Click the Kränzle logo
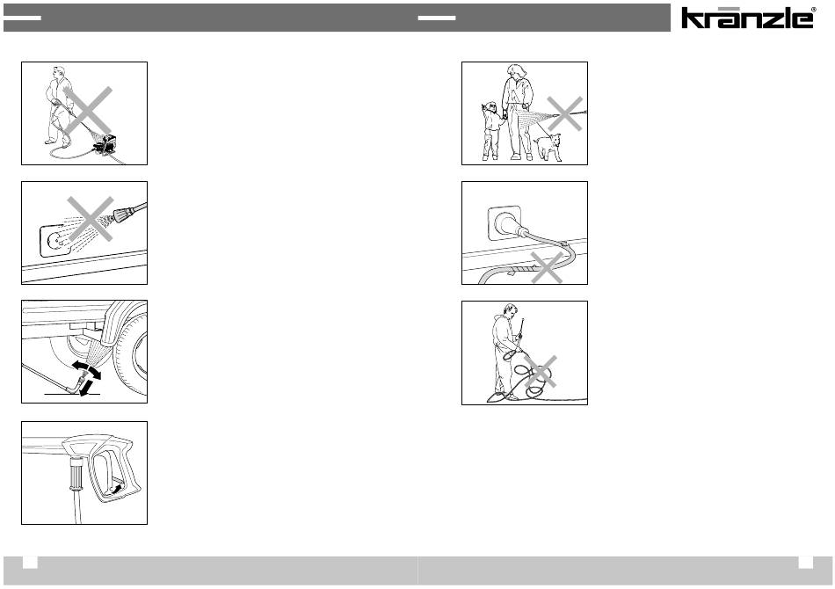coord(748,18)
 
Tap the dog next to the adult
coord(548,147)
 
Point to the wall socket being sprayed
coord(57,241)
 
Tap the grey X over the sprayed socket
coord(91,218)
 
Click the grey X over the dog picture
coord(565,113)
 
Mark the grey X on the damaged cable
coord(547,267)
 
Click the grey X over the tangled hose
coord(541,371)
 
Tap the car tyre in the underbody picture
coord(132,352)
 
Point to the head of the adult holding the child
coord(516,71)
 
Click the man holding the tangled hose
coord(505,352)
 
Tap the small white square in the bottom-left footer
coord(30,562)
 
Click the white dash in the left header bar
coord(22,18)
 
